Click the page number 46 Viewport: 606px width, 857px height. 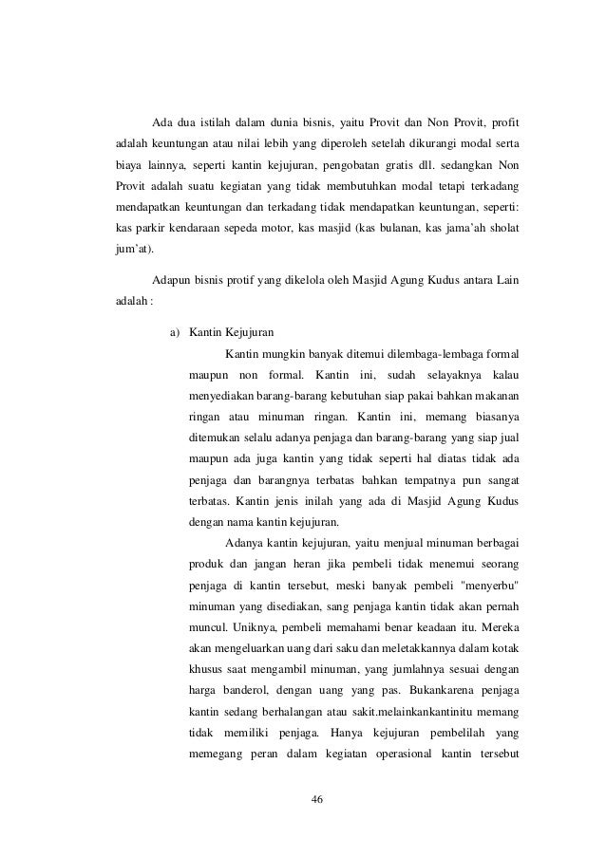tap(317, 799)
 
